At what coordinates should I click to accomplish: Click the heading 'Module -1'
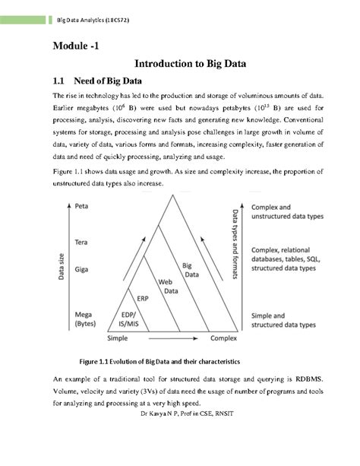coord(74,46)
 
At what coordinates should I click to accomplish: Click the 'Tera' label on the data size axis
coord(85,242)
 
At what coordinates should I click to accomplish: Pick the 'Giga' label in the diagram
coord(85,268)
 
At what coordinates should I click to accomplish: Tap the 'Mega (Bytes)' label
coord(86,317)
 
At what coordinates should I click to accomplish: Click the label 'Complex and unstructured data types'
coord(287,211)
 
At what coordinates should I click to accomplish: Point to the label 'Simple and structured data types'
coord(283,319)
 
